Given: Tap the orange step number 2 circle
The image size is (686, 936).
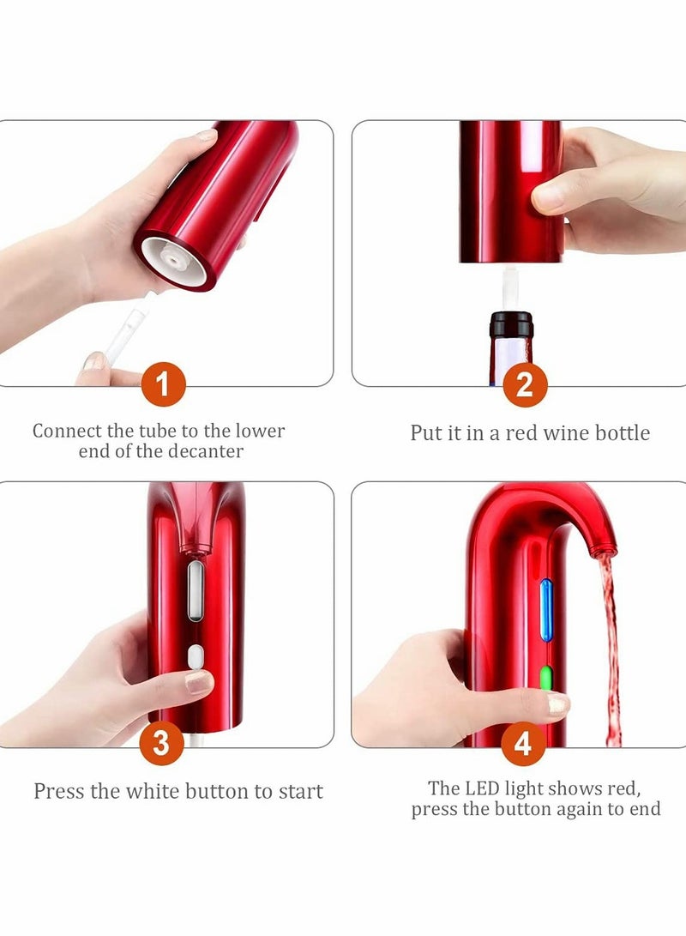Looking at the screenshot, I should tap(524, 385).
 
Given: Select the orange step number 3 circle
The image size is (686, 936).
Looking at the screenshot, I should tap(162, 744).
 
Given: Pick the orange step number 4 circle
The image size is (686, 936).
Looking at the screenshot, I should tap(522, 744).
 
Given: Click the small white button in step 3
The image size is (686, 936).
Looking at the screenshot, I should tap(196, 658).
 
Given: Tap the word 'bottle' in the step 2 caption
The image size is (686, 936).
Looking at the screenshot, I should tap(617, 432).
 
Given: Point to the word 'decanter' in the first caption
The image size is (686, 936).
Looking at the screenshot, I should tap(206, 451).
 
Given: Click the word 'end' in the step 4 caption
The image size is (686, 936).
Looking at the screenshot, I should tap(645, 809).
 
